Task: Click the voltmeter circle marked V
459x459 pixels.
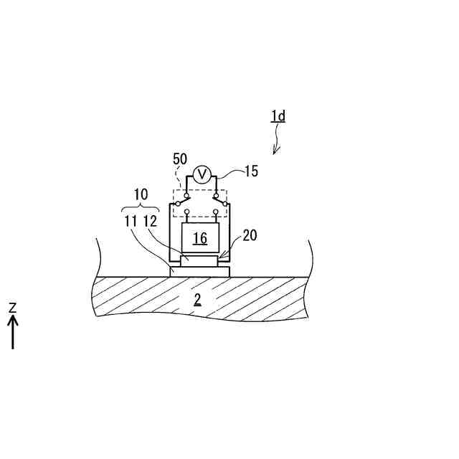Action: click(x=202, y=174)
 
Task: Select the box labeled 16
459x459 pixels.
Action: click(x=199, y=237)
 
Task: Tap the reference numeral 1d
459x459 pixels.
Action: click(x=278, y=116)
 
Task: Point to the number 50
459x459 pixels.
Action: click(x=181, y=158)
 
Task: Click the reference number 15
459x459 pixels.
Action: click(x=250, y=171)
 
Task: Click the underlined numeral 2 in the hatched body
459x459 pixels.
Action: click(x=198, y=298)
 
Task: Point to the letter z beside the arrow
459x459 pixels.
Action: click(x=13, y=307)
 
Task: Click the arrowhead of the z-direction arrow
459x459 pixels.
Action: click(x=13, y=321)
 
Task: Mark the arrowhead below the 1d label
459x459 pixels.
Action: click(x=275, y=151)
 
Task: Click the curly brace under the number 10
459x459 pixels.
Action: click(x=141, y=208)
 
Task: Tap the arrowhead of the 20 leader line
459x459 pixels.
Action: click(x=219, y=257)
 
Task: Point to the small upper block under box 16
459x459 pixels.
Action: click(x=199, y=261)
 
